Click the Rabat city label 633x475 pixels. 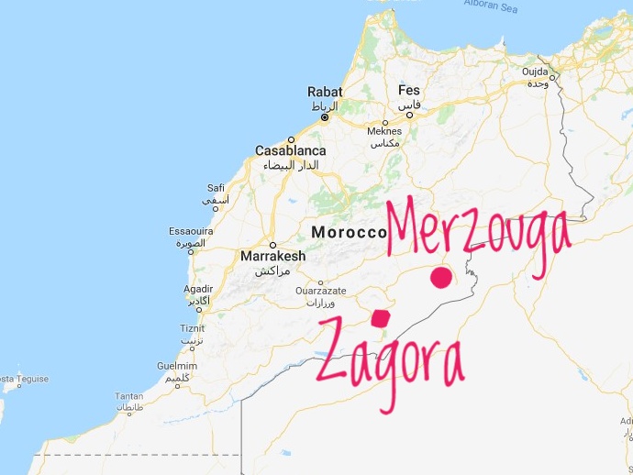pyautogui.click(x=325, y=91)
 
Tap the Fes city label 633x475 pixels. pyautogui.click(x=409, y=91)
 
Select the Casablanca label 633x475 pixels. pyautogui.click(x=290, y=150)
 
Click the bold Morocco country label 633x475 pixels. pyautogui.click(x=349, y=232)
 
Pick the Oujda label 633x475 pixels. pyautogui.click(x=535, y=72)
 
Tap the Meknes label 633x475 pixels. pyautogui.click(x=384, y=131)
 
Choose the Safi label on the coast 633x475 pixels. pyautogui.click(x=217, y=187)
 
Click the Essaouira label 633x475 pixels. pyautogui.click(x=192, y=232)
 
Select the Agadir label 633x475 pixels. pyautogui.click(x=198, y=288)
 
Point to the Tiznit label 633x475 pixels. pyautogui.click(x=193, y=328)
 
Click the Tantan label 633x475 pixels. pyautogui.click(x=128, y=396)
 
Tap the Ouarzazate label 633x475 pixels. pyautogui.click(x=320, y=292)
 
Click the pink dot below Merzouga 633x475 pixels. pyautogui.click(x=442, y=278)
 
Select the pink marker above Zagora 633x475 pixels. pyautogui.click(x=380, y=317)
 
